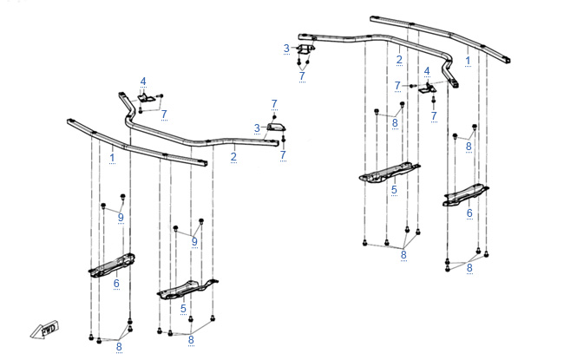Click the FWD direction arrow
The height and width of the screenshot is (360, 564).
point(42,329)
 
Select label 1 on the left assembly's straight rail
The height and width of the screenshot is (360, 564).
point(112,158)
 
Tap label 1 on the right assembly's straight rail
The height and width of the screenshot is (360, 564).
point(469,61)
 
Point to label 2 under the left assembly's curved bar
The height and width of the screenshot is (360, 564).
point(233,158)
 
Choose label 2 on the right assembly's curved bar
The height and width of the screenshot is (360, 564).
point(399,60)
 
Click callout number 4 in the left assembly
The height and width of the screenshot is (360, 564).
point(143,82)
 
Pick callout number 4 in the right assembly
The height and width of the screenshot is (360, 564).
point(427,70)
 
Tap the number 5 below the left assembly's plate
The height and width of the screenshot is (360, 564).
point(183,308)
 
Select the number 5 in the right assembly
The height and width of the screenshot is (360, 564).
point(393,189)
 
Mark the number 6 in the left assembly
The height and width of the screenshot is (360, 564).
point(115,283)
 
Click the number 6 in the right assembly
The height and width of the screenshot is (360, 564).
point(469,213)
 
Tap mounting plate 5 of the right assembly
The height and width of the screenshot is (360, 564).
point(390,173)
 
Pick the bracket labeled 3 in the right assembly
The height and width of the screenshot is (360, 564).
point(305,49)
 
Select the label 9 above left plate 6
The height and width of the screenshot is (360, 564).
point(121,217)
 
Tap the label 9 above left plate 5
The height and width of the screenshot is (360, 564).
point(194,241)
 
